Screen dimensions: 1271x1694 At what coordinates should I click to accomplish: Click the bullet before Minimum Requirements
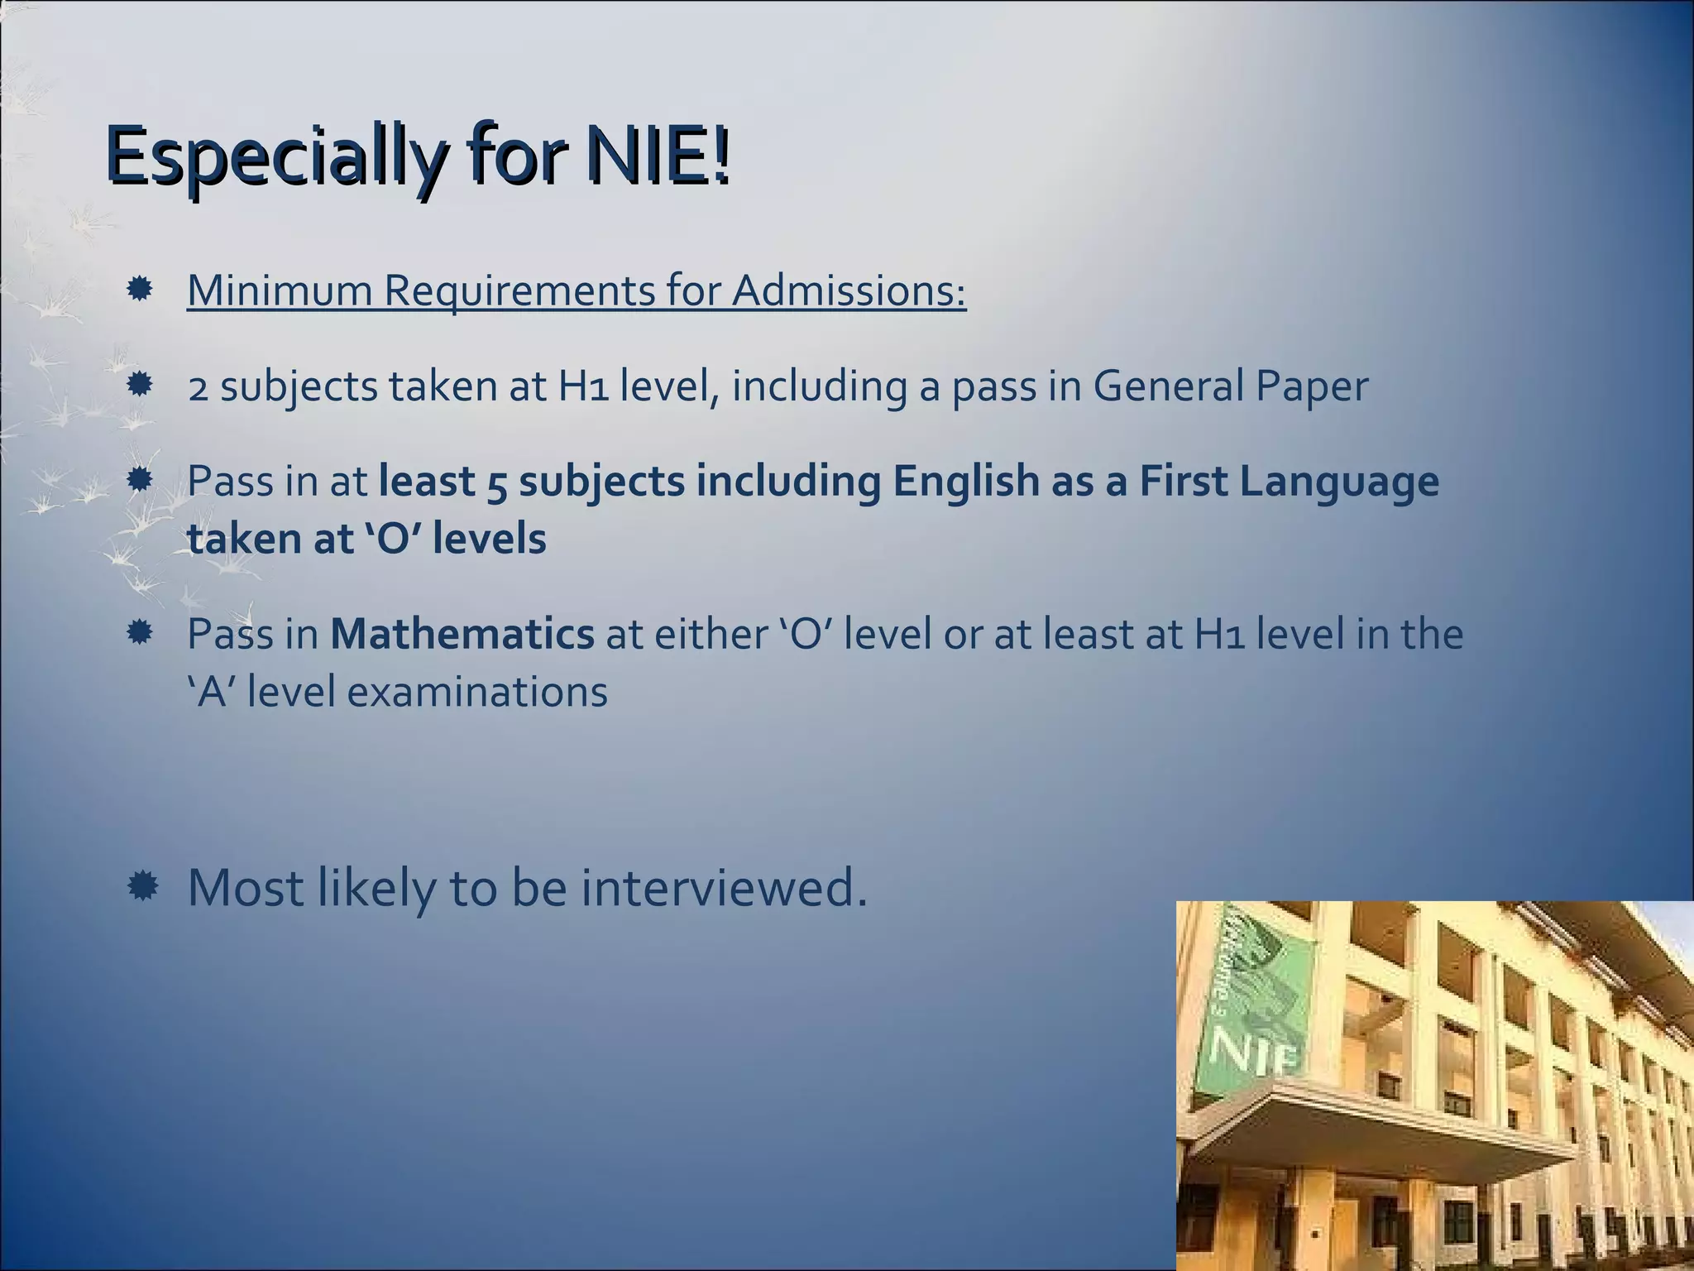pyautogui.click(x=140, y=290)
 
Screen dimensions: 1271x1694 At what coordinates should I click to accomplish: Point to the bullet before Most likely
pyautogui.click(x=142, y=887)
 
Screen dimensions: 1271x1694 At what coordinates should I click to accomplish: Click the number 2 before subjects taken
pyautogui.click(x=198, y=387)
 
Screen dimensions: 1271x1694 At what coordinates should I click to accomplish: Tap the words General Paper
pyautogui.click(x=1230, y=386)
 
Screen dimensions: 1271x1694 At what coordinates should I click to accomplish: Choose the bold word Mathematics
pyautogui.click(x=462, y=635)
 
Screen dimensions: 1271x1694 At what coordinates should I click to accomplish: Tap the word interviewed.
pyautogui.click(x=724, y=887)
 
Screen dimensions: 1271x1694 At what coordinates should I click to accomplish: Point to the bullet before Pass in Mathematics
pyautogui.click(x=140, y=634)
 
